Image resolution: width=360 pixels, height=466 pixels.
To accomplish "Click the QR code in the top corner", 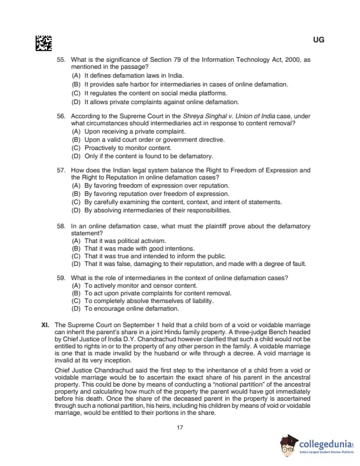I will tap(44, 42).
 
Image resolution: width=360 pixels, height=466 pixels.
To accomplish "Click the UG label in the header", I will tap(319, 40).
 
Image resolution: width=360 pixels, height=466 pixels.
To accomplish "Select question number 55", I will tap(60, 60).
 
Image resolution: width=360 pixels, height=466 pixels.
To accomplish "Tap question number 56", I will tap(60, 116).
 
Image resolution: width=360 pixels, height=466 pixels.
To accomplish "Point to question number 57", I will tap(60, 170).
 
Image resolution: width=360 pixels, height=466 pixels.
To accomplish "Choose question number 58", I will tap(60, 226).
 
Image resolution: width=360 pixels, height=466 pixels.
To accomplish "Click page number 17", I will tap(180, 427).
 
